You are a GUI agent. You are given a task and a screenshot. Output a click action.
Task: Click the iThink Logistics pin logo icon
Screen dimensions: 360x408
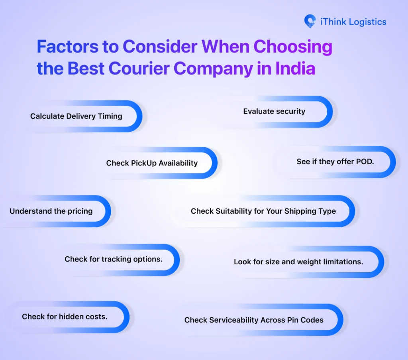[310, 21]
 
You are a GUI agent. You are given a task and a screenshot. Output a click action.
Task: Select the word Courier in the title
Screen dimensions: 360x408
[137, 69]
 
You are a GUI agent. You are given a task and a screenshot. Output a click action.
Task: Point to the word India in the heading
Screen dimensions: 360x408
[295, 69]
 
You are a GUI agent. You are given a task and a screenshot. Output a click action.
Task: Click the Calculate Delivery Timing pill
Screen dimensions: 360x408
[76, 116]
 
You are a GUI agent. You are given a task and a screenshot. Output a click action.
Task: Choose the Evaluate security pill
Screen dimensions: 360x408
[274, 111]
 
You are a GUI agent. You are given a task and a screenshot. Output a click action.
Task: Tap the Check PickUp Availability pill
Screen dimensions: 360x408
[152, 163]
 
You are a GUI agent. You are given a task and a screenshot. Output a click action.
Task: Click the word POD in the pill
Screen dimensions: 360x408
[364, 162]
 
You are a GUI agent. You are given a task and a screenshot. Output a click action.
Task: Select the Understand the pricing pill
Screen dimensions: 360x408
[51, 211]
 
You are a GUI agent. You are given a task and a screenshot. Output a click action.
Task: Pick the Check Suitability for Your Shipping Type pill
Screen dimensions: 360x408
[263, 211]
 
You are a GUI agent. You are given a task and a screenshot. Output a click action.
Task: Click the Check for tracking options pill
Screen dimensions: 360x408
[114, 259]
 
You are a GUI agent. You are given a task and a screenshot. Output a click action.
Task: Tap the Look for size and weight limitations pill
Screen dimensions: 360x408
[298, 262]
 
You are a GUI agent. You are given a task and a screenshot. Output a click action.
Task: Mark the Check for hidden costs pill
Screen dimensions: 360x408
[65, 317]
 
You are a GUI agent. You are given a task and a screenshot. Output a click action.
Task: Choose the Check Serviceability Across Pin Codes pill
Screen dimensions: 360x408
[254, 320]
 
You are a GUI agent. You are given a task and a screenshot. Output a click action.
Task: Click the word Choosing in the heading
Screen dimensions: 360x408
[293, 47]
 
